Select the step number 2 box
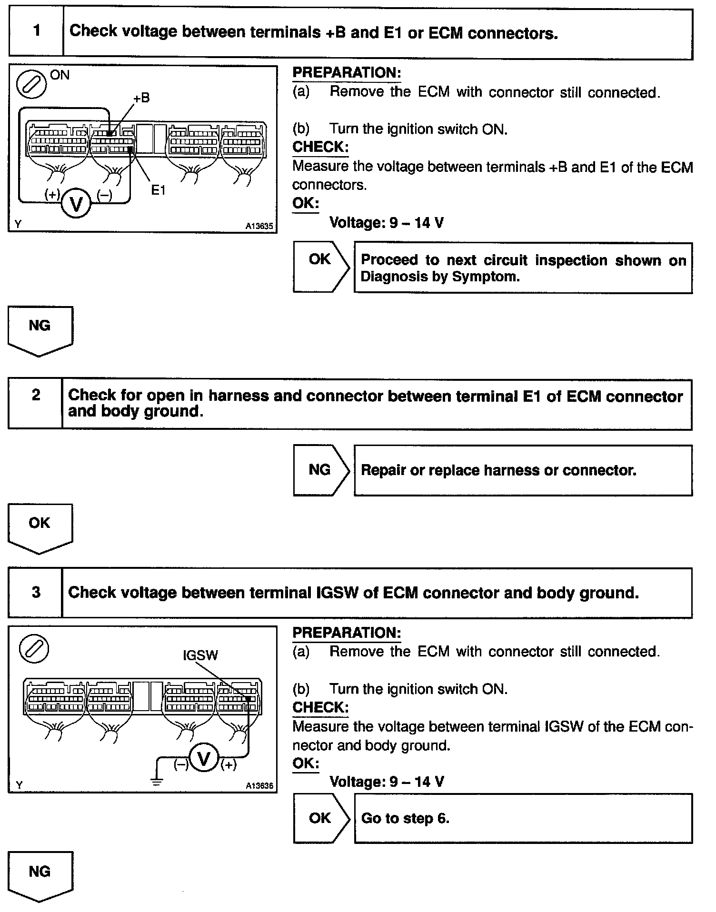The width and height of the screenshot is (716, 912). [x=36, y=404]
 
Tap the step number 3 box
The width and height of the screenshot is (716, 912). [x=36, y=592]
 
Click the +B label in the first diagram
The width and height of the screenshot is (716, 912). [x=141, y=98]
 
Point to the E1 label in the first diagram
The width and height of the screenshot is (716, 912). [x=158, y=190]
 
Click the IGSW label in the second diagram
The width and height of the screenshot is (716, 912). [x=200, y=655]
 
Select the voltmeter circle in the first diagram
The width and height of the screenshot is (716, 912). [x=76, y=204]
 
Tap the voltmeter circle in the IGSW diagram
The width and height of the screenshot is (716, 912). [x=204, y=759]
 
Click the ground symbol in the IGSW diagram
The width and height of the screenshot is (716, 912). [x=157, y=781]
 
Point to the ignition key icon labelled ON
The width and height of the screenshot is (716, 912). [x=31, y=85]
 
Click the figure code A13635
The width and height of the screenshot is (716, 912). [x=259, y=227]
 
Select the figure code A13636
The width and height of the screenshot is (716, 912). [x=259, y=786]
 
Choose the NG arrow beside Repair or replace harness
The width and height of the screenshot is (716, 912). [x=320, y=470]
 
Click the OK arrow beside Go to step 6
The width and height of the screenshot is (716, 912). [x=320, y=818]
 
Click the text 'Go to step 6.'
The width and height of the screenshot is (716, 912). [x=405, y=818]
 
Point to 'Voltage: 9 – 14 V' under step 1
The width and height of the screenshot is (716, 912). [x=387, y=222]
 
